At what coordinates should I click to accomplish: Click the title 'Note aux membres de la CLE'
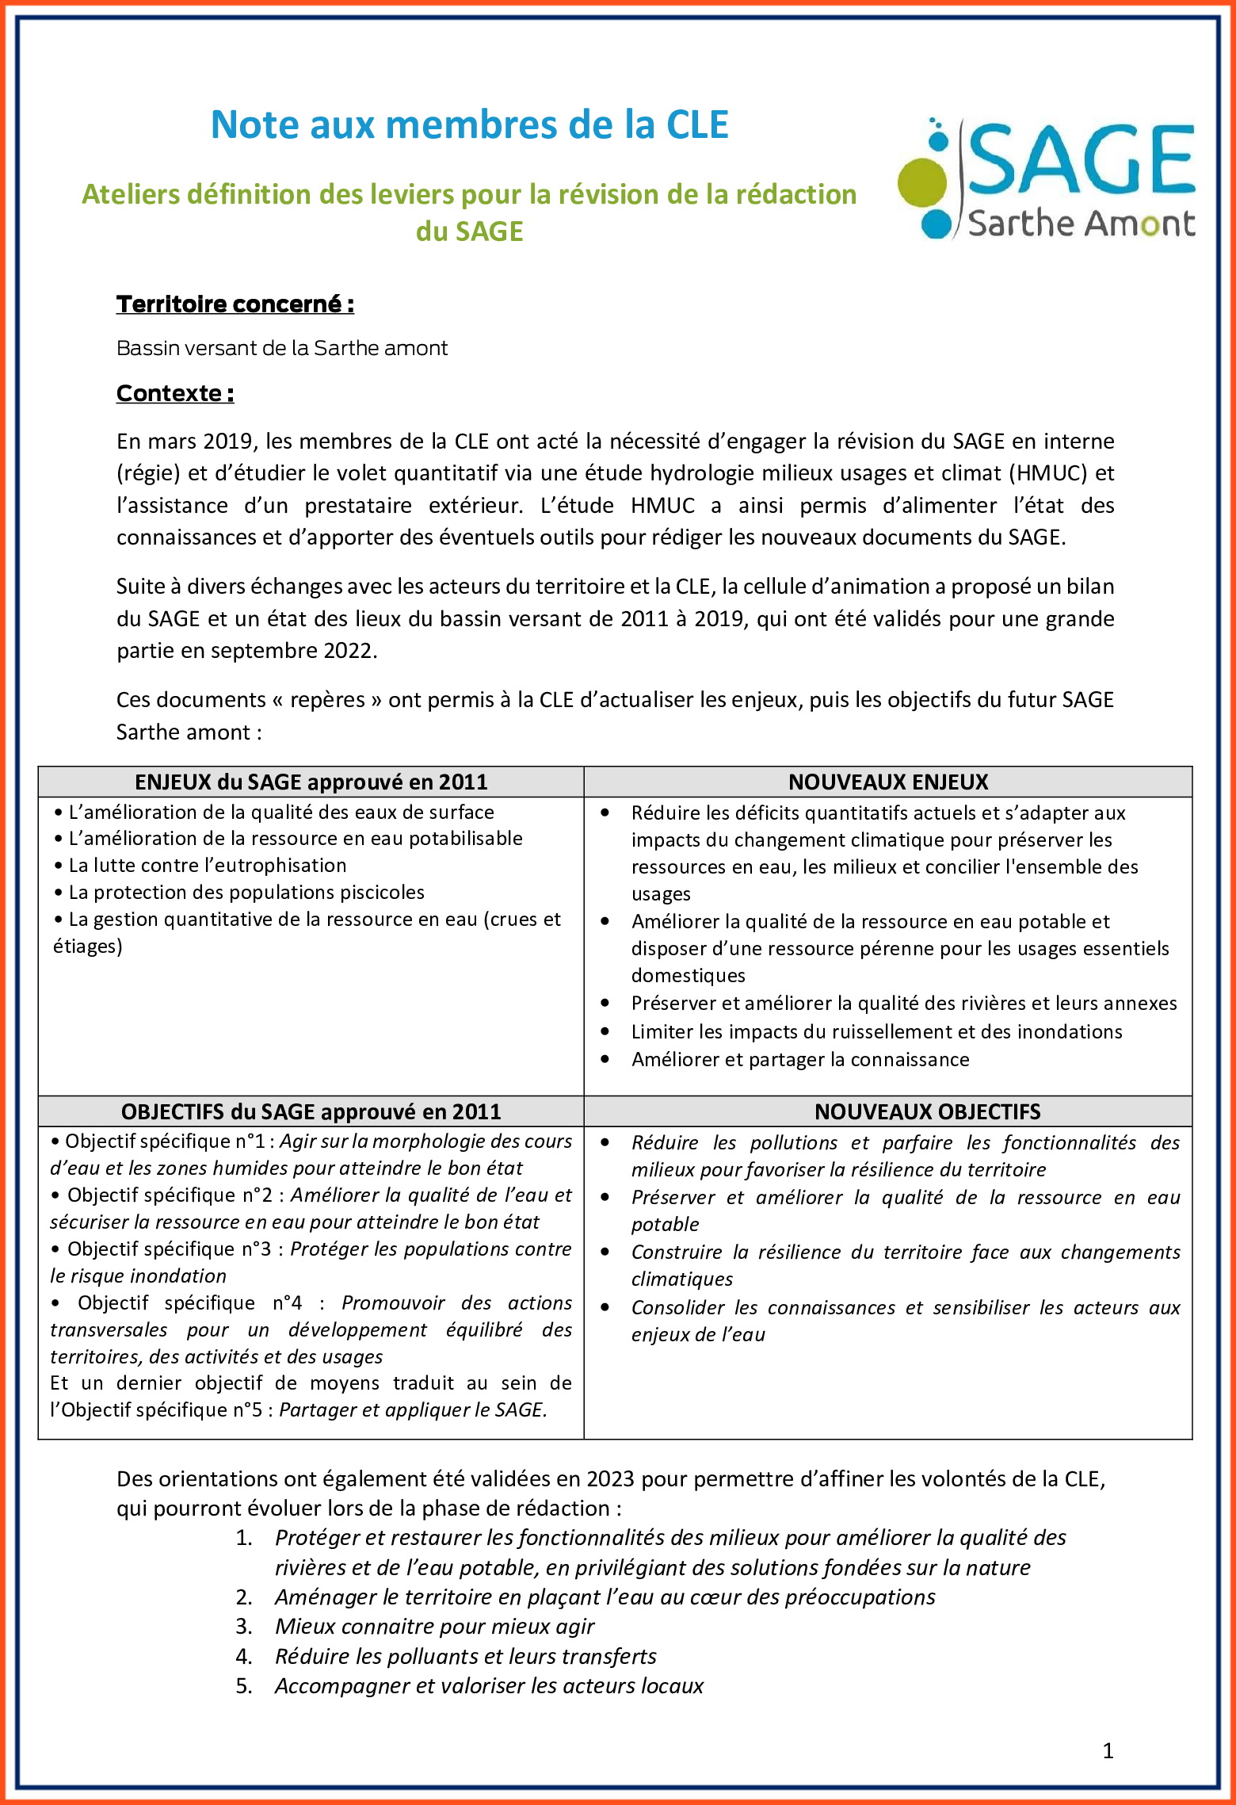click(x=469, y=125)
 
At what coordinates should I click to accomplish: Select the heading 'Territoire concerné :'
click(x=235, y=304)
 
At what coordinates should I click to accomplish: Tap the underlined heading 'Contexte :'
click(x=175, y=393)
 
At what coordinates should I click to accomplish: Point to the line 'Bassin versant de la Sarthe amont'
click(x=282, y=348)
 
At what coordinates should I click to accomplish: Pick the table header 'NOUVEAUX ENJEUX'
click(x=888, y=782)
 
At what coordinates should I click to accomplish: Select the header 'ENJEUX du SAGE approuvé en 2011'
click(x=311, y=782)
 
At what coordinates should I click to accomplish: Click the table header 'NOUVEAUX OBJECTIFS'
click(x=927, y=1111)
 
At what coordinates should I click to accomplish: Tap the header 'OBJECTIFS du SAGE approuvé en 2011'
click(x=311, y=1111)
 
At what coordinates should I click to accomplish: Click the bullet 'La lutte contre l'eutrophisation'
click(x=208, y=866)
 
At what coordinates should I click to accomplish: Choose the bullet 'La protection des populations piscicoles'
click(x=246, y=893)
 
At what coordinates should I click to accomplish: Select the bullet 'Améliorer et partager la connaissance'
click(x=800, y=1060)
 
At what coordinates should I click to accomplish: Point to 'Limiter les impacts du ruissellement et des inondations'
click(x=876, y=1032)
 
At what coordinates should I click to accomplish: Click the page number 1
click(x=1108, y=1750)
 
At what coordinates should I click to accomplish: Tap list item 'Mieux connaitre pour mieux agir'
click(x=434, y=1627)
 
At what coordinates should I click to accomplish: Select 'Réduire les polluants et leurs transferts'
click(x=466, y=1657)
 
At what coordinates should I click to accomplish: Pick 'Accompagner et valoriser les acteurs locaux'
click(x=489, y=1686)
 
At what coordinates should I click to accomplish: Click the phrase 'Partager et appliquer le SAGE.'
click(x=413, y=1410)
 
